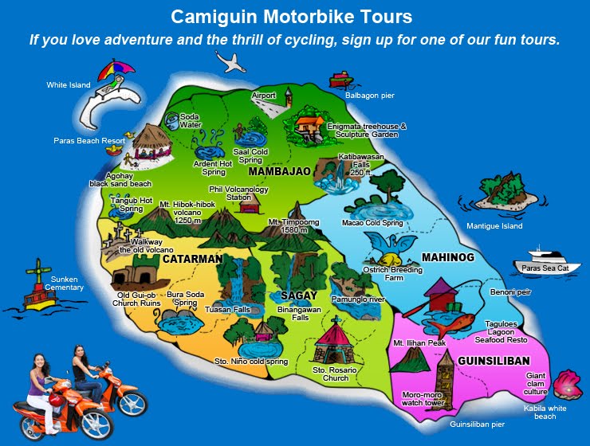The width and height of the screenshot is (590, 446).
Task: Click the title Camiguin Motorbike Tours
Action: pos(295,15)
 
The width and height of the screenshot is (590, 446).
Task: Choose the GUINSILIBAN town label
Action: pos(494,361)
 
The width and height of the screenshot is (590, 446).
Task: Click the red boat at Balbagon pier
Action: pos(340,80)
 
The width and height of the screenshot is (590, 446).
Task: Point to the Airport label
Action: pos(263,96)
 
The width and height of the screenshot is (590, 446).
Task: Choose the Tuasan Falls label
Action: pos(227,309)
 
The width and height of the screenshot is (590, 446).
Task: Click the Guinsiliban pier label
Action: pos(477,424)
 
